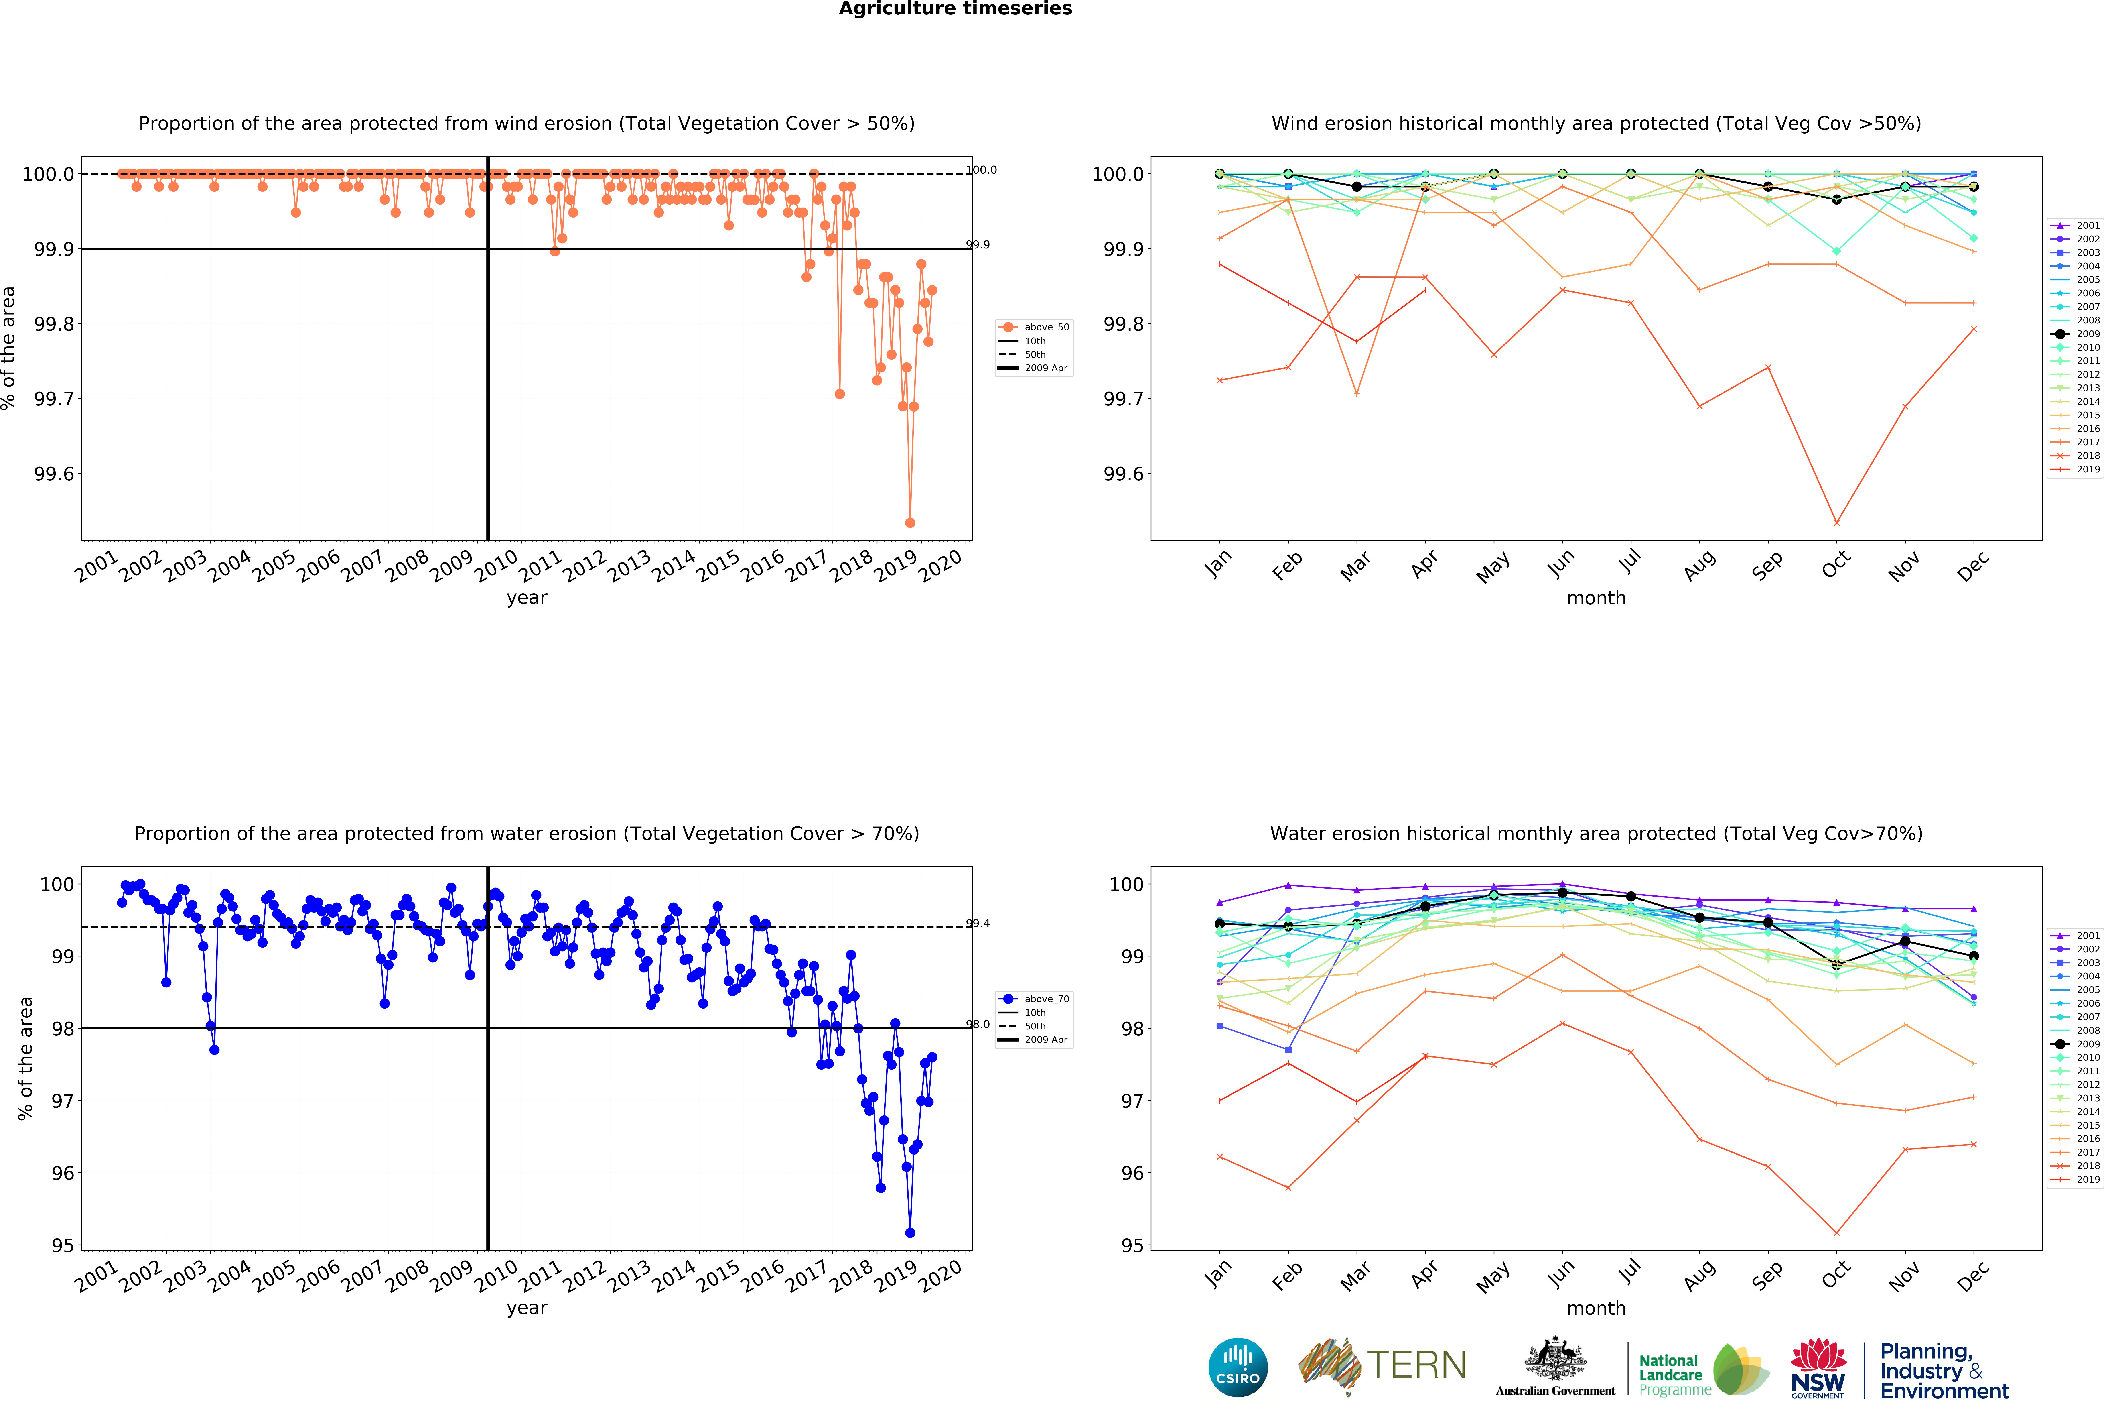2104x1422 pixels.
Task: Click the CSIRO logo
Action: [1238, 1367]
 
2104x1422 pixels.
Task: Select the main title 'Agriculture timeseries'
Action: [955, 9]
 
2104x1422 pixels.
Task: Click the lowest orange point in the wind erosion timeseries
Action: [910, 523]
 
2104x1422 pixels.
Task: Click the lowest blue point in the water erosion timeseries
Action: [910, 1233]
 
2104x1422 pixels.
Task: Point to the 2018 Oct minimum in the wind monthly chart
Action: [1836, 523]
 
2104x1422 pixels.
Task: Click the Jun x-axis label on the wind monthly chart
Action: [1561, 563]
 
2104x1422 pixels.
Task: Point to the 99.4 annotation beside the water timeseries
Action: [978, 923]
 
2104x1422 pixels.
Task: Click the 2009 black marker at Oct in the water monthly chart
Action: [1836, 964]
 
